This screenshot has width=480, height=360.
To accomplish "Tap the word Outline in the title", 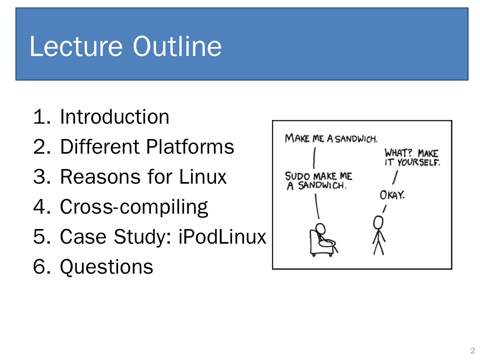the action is tap(177, 46).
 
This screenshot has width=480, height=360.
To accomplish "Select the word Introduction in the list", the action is tap(114, 117).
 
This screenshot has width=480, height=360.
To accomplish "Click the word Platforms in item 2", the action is tap(190, 147).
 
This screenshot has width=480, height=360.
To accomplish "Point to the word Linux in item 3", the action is tap(203, 177).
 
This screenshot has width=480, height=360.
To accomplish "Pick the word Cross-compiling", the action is tap(134, 207).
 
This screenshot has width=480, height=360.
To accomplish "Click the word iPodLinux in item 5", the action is tap(222, 237).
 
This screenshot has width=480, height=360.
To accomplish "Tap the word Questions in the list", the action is tap(106, 267).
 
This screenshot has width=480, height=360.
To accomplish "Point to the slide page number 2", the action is tap(472, 351).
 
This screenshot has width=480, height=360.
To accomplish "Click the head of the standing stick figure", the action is tap(378, 222).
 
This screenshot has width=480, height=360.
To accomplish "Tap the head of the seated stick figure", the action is tap(320, 229).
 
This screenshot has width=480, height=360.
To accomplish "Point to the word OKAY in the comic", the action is tap(392, 195).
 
